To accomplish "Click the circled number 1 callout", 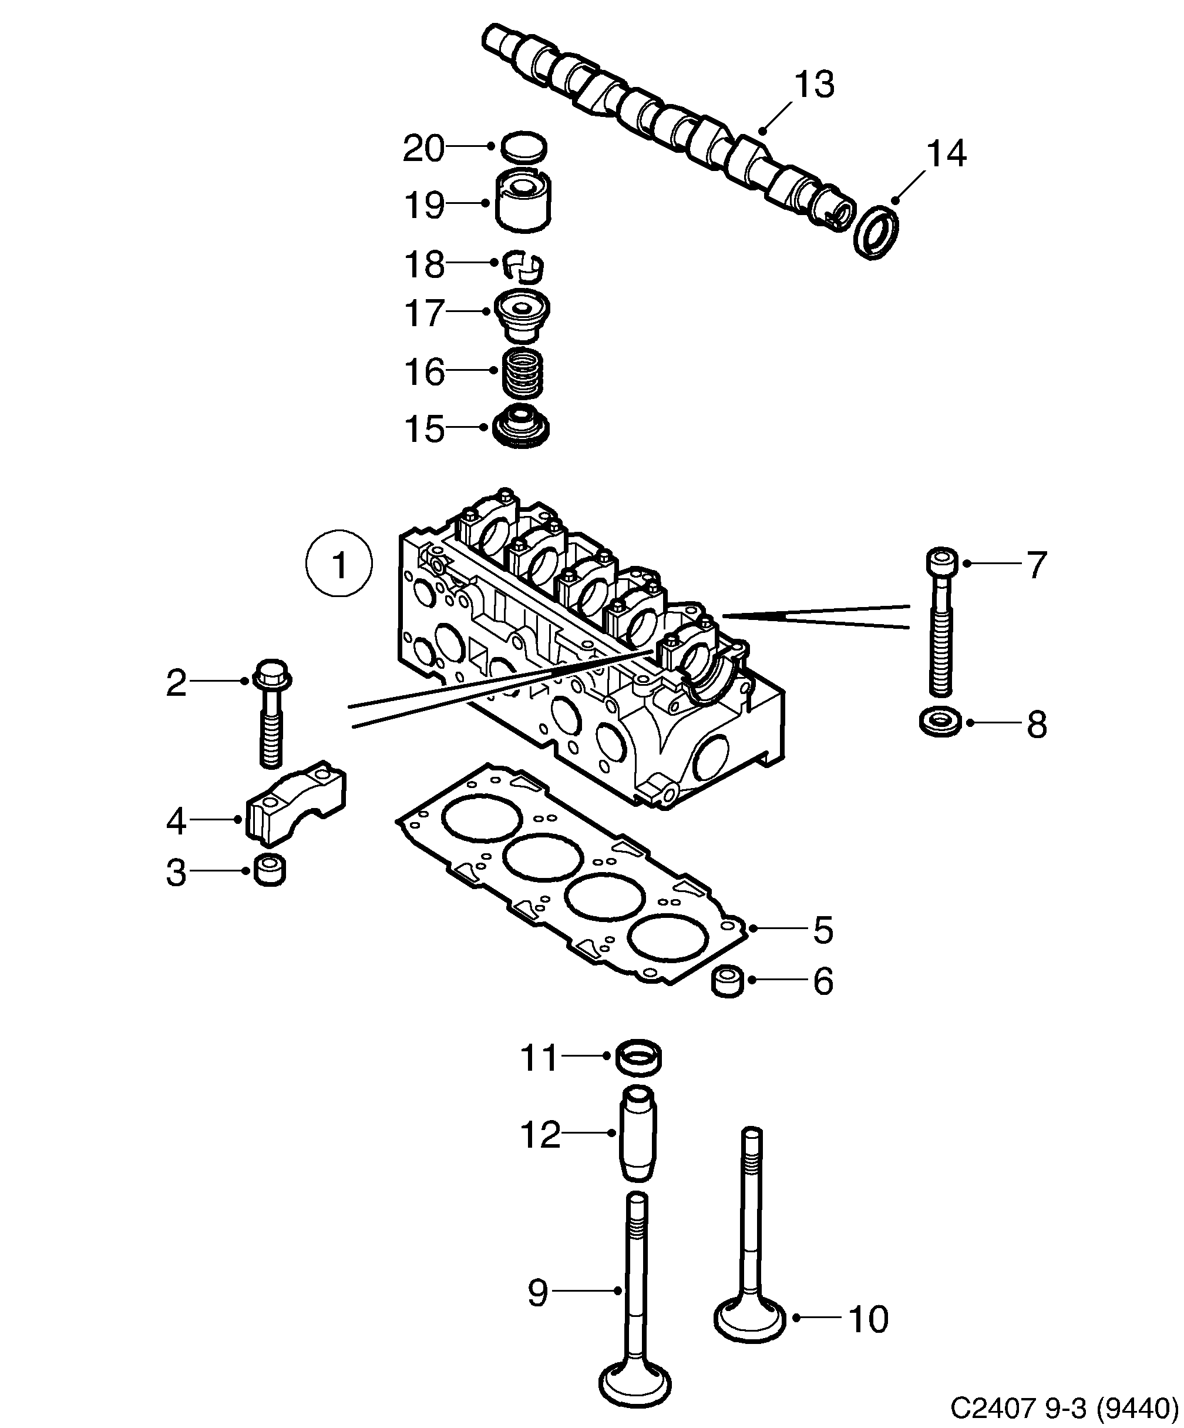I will point(338,564).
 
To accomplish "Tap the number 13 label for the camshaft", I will point(813,84).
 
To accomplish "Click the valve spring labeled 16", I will point(523,372).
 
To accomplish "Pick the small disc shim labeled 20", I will point(523,147).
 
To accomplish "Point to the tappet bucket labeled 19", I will point(523,202).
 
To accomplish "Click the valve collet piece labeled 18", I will point(523,265).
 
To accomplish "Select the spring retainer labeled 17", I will point(522,316).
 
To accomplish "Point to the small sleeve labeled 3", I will point(270,871).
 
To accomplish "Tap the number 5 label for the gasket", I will point(822,930).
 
